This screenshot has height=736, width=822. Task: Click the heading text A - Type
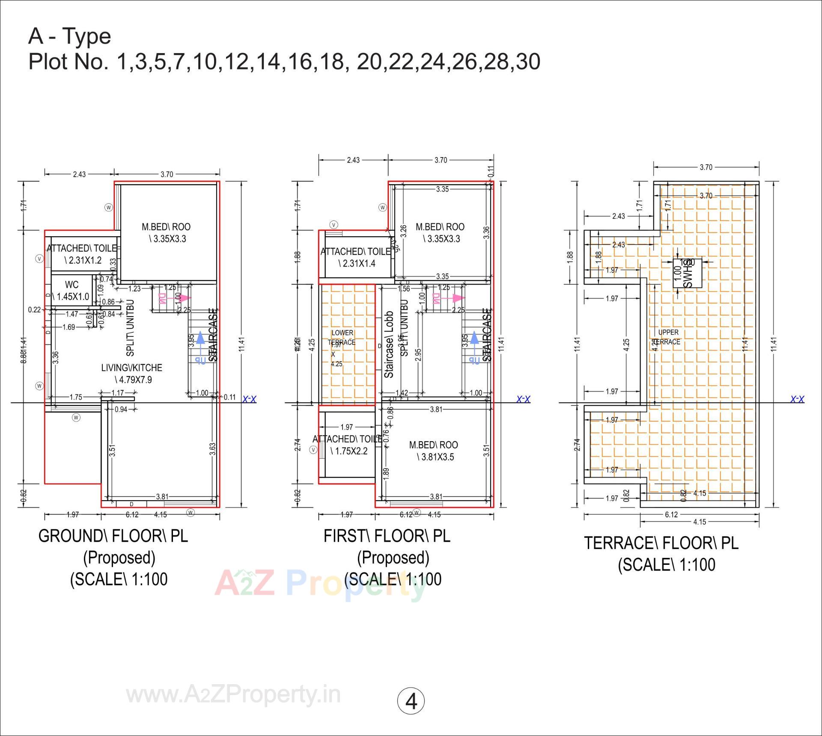[70, 36]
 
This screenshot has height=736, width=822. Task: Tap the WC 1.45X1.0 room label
[72, 291]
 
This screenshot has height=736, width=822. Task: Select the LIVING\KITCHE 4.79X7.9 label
[132, 374]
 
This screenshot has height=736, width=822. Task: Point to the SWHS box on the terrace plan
[687, 273]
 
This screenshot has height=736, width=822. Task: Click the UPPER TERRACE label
[668, 337]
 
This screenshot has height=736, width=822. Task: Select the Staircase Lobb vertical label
[389, 344]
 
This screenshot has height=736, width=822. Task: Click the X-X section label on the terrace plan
[797, 399]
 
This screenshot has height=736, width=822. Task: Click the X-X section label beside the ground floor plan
[249, 399]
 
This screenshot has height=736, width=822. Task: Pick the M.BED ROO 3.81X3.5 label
[434, 451]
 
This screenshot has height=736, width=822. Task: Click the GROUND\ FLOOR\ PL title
[113, 536]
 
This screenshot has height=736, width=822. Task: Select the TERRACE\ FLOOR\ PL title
[661, 543]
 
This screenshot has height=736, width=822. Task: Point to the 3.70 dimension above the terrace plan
[706, 167]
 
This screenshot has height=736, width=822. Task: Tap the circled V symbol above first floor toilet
[334, 225]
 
